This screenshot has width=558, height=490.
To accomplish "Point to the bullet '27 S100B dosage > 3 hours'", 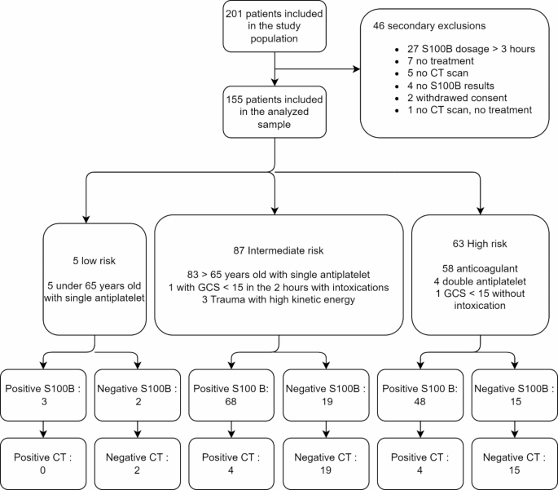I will [x=465, y=48].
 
